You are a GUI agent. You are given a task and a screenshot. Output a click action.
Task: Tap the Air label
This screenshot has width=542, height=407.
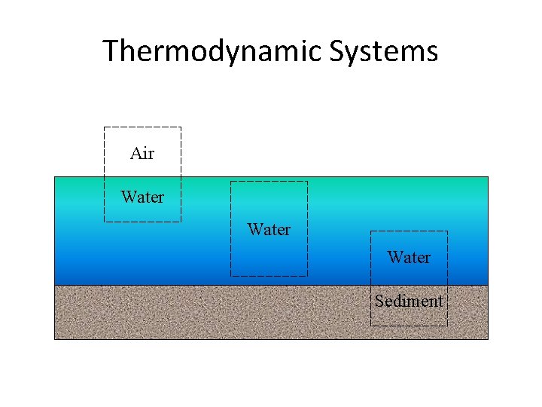click(x=142, y=154)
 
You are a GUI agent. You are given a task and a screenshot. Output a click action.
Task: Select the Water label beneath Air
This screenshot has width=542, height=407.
click(x=142, y=197)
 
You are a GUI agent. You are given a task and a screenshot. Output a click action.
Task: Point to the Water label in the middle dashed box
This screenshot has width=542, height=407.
click(x=269, y=229)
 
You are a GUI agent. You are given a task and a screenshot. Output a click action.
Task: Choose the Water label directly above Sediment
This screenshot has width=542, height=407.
click(x=409, y=257)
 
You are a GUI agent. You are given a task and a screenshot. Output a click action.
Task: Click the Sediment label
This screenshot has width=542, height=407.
click(x=409, y=301)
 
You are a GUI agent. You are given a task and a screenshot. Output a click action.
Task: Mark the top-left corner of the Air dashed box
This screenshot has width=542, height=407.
click(x=104, y=127)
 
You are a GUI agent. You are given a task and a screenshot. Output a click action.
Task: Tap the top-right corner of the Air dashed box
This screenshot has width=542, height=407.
click(x=181, y=127)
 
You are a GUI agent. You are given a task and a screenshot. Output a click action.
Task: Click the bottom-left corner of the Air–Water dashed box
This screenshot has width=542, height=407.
click(x=104, y=222)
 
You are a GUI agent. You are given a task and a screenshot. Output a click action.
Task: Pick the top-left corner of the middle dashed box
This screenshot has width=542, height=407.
click(x=230, y=182)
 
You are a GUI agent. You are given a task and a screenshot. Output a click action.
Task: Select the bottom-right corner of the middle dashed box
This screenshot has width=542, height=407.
click(x=307, y=276)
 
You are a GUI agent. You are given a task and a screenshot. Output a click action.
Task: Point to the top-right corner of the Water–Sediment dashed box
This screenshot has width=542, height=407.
click(x=447, y=231)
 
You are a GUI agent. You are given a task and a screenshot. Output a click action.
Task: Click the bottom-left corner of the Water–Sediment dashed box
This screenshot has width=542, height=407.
click(x=370, y=326)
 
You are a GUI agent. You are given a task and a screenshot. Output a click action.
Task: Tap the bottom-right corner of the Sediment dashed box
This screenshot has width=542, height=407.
click(x=447, y=326)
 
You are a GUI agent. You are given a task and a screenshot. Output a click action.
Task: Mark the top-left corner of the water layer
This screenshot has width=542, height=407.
click(x=55, y=177)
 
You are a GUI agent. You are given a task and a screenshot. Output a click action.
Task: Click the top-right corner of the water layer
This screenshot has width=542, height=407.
click(x=488, y=177)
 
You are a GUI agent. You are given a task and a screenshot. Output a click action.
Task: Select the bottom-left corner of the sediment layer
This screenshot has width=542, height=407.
click(x=55, y=339)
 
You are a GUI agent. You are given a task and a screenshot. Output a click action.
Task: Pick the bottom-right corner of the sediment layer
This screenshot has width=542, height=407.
click(x=488, y=339)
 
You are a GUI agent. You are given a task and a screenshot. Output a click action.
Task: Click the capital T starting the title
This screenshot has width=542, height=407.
click(x=110, y=52)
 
